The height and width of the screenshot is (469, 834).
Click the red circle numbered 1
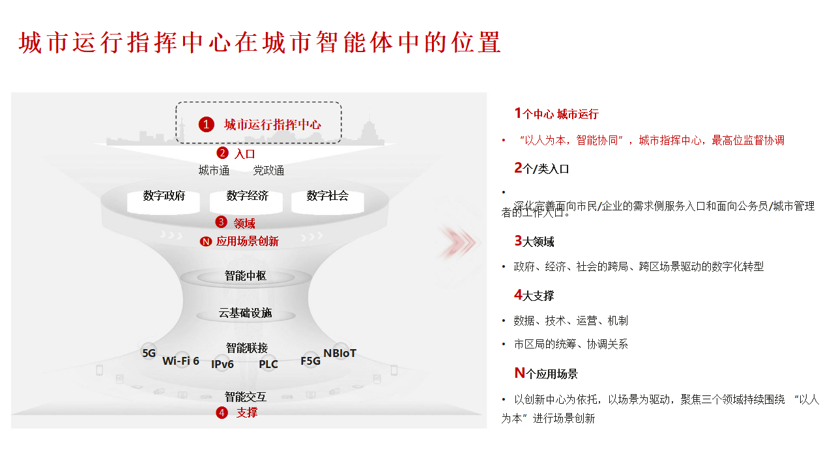[x=207, y=124]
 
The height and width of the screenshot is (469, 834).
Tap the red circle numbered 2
[x=222, y=153]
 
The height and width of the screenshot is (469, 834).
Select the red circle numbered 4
[x=222, y=412]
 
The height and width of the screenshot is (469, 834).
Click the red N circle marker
[x=206, y=242]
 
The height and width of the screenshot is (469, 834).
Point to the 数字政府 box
[x=164, y=197]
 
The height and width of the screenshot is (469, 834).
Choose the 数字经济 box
[x=247, y=197]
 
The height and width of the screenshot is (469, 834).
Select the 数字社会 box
[x=327, y=197]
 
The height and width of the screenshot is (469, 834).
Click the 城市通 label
[x=214, y=171]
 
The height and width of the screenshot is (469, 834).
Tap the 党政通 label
[x=268, y=171]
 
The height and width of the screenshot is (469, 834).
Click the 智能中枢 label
[x=246, y=276]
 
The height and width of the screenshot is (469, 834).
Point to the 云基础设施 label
[x=246, y=313]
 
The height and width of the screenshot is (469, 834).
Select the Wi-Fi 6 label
[x=180, y=361]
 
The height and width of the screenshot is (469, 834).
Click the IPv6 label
[x=222, y=365]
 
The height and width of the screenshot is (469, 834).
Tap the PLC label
[x=268, y=365]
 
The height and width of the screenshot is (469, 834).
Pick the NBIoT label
[x=340, y=353]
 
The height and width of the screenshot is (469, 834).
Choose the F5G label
[x=311, y=361]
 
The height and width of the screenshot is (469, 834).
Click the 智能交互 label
[x=246, y=397]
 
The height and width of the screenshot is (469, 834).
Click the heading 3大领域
[x=534, y=242]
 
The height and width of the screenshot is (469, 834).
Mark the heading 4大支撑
[x=534, y=295]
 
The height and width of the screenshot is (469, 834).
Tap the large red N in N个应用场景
[x=519, y=373]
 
